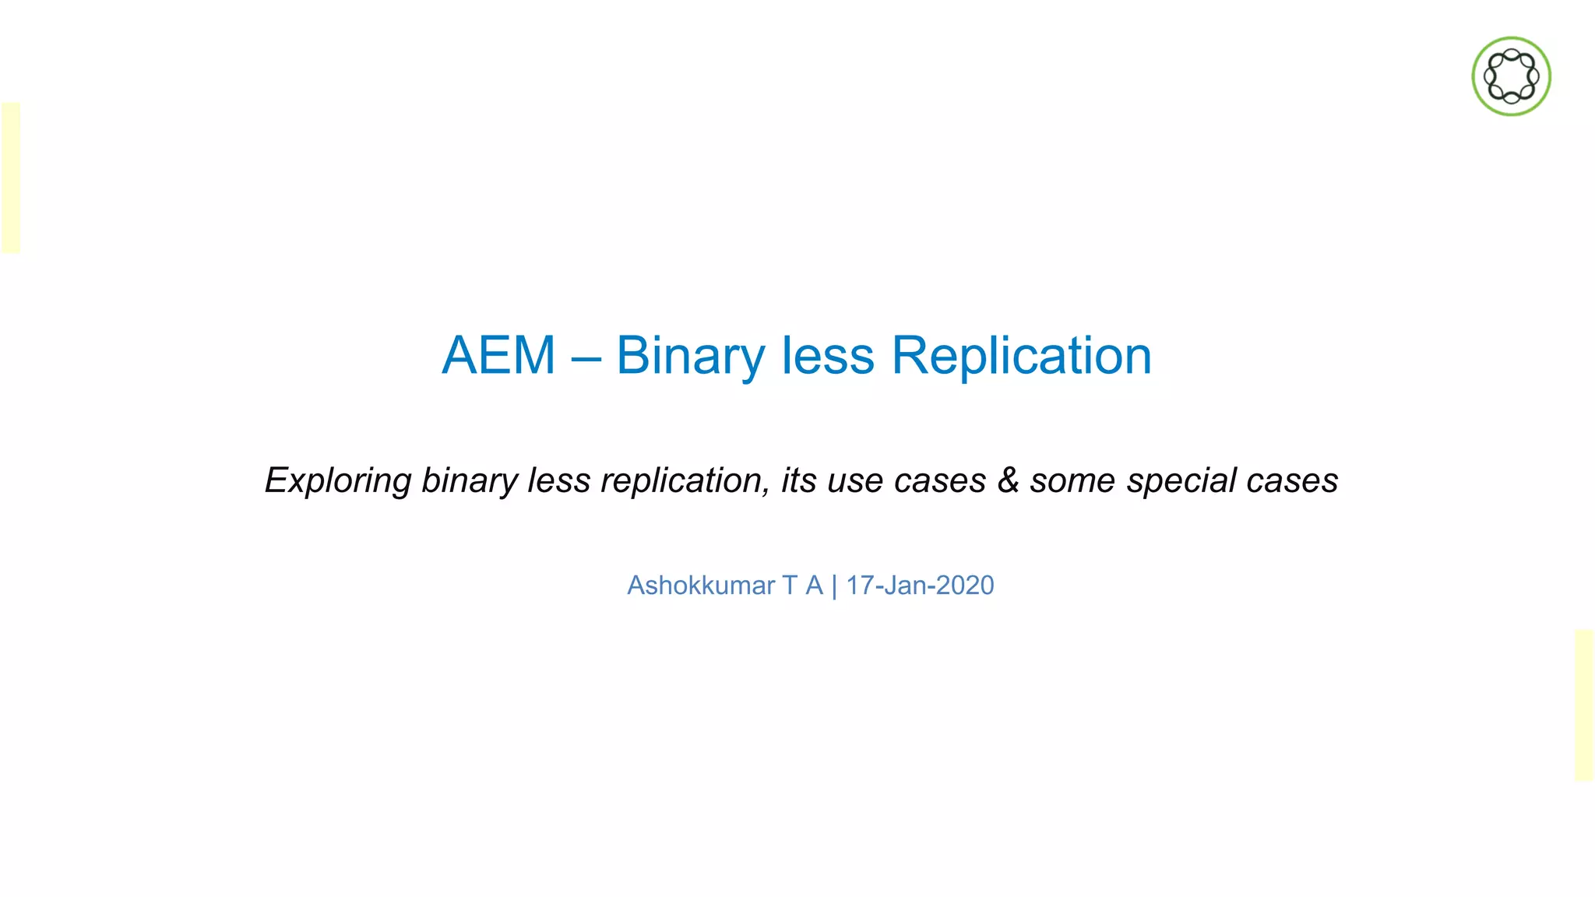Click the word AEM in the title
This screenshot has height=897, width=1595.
pos(498,356)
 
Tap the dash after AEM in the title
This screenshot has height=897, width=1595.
pos(586,358)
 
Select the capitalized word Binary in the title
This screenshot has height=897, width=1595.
pos(691,357)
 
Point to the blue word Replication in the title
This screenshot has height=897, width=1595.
pos(1021,357)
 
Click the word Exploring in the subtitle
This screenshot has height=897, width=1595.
pos(338,480)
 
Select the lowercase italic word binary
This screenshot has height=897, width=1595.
pos(469,480)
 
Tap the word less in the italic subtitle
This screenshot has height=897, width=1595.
pos(558,480)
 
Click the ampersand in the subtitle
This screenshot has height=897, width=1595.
pos(1008,480)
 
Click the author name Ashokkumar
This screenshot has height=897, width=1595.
pos(701,586)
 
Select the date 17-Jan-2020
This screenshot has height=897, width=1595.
pos(920,586)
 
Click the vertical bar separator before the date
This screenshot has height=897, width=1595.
pos(834,586)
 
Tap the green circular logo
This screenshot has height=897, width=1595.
pos(1511,76)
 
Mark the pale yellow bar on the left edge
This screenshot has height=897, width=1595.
pos(11,178)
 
